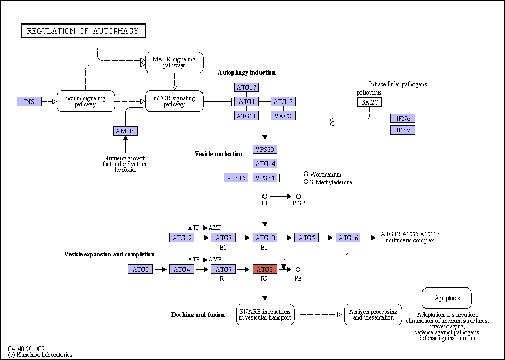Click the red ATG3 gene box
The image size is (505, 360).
tap(265, 269)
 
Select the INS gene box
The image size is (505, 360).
tap(29, 101)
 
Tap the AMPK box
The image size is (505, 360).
tap(125, 131)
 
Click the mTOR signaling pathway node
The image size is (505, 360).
tap(174, 101)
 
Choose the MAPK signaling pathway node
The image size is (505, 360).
tap(174, 62)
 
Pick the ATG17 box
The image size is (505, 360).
tap(246, 87)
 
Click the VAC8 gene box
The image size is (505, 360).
tap(283, 116)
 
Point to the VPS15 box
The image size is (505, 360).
tap(236, 178)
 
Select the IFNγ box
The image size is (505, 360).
tap(402, 130)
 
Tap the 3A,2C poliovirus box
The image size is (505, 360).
tap(369, 102)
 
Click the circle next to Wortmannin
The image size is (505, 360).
tap(306, 174)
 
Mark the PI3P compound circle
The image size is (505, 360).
tap(299, 196)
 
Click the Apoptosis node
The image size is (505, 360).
tap(447, 298)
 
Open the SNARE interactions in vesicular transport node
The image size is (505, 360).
tap(265, 314)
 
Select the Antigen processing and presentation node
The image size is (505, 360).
tap(373, 314)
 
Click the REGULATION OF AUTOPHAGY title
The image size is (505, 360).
tap(83, 30)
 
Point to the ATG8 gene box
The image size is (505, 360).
tap(140, 269)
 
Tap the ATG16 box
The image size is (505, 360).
tap(348, 238)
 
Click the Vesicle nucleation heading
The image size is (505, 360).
tap(218, 154)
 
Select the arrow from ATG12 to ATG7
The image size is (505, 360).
tap(202, 238)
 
